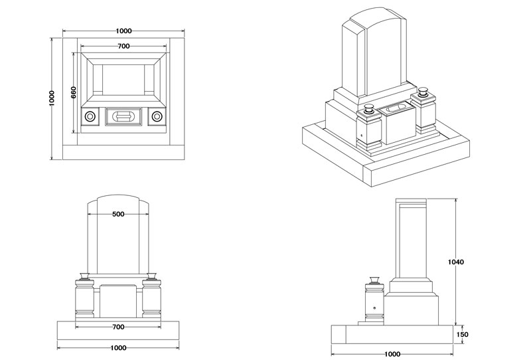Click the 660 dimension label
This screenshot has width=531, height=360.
74,92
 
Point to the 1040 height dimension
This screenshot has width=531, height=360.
456,262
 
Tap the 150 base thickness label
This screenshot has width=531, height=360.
462,335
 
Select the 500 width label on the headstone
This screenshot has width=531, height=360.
118,215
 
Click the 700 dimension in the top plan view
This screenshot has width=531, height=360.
123,46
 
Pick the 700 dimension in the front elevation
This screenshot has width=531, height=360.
118,327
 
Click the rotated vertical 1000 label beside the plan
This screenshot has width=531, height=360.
52,98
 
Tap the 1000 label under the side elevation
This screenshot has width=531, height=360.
392,355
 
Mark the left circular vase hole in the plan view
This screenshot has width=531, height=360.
90,117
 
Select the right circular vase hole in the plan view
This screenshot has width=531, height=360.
157,117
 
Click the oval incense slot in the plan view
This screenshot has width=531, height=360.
123,117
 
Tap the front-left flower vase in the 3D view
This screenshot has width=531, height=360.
369,110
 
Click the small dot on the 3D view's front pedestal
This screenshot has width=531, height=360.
362,136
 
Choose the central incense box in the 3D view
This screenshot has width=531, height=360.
397,124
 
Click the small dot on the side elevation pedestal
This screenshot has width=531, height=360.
374,308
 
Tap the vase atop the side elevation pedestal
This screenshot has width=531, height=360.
374,280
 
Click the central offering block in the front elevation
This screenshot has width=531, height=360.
118,302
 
